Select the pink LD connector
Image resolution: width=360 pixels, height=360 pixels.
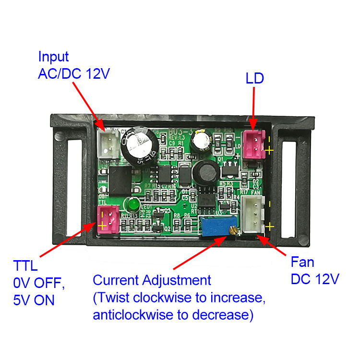tap(254, 144)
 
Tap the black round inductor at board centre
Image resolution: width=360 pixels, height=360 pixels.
tap(204, 171)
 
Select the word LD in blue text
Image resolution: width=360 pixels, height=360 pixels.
tap(255, 79)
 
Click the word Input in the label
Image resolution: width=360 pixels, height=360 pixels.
tap(53, 57)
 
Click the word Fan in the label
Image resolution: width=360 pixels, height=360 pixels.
tap(302, 262)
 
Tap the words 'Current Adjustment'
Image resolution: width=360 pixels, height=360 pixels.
tap(152, 280)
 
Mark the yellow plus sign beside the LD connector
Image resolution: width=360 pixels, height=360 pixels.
tap(270, 150)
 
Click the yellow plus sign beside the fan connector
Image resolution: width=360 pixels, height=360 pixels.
tap(270, 226)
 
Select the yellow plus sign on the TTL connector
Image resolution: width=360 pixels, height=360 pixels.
tap(102, 225)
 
